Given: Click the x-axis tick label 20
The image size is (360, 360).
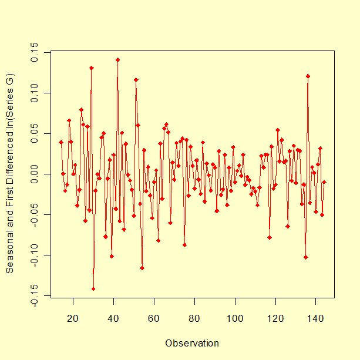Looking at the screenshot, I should [73, 319].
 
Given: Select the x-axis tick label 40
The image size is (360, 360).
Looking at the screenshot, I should [114, 319].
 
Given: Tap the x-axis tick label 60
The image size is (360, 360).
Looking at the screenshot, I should [154, 319].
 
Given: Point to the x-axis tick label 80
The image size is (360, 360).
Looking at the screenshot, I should [194, 319].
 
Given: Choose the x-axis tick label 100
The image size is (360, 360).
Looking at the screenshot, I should [235, 319].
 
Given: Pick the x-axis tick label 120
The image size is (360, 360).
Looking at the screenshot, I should [275, 319].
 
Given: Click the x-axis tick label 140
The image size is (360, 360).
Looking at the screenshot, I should [316, 319].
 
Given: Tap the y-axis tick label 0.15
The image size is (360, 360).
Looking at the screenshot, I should [35, 51].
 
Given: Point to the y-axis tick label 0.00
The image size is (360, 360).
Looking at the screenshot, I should [35, 174].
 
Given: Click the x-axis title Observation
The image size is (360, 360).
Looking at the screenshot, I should [192, 343].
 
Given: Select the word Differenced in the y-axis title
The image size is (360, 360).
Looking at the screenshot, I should [10, 159].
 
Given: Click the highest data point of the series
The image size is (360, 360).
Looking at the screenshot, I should [117, 60].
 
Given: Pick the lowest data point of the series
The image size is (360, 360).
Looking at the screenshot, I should [93, 289].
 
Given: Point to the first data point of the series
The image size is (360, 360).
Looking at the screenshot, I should [61, 142].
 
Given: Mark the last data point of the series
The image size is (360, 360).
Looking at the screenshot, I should [324, 183].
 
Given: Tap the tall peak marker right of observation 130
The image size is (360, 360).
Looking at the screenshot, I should [308, 76].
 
